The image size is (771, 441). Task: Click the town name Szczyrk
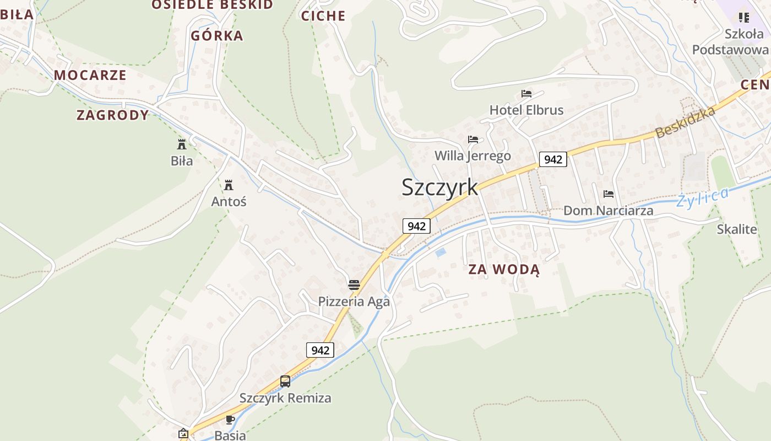point(439,187)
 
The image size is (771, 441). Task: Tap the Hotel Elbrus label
point(526,110)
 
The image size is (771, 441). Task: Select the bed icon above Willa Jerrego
point(473,139)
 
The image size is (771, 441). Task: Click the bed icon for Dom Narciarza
point(609,194)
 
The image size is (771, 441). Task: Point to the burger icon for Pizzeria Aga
point(354,285)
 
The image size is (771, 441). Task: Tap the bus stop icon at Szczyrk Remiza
point(285,381)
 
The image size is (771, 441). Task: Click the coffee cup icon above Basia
point(230,420)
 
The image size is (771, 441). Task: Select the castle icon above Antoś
point(229,185)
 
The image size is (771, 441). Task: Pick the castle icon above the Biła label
point(181,144)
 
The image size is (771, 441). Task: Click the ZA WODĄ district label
point(504,270)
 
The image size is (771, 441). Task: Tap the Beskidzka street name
point(685,122)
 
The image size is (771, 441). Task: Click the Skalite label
point(736,229)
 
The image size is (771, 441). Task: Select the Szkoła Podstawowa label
point(730,42)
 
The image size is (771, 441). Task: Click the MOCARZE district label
point(90,75)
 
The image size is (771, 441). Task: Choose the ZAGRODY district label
point(112,115)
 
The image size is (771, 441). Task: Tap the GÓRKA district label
point(216,36)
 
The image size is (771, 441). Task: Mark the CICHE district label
point(323,16)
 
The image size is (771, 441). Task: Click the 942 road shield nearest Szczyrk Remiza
point(320,350)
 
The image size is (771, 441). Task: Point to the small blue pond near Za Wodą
point(440,252)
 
